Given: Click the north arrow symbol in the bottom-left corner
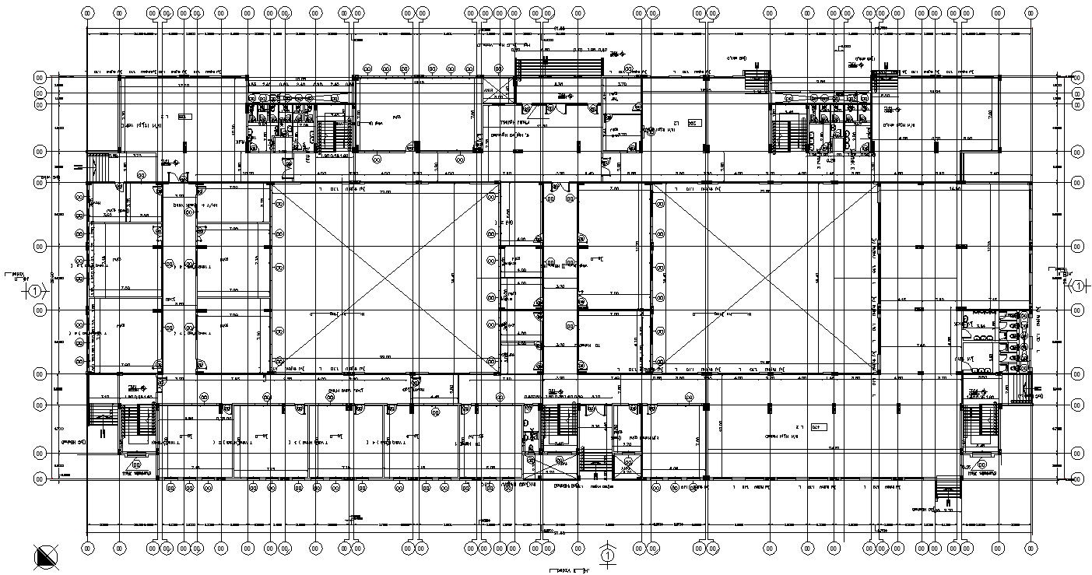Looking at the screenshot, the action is (x=47, y=556).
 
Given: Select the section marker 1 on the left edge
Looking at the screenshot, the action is (x=35, y=291).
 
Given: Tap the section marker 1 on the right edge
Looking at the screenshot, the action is (x=1078, y=286).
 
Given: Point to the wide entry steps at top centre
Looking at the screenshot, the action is (x=560, y=67).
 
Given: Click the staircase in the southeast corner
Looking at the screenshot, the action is (x=981, y=423).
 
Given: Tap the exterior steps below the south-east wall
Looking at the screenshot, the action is (x=946, y=488).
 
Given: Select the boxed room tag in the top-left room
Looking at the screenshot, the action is (x=184, y=117).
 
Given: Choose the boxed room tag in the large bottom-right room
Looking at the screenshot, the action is (x=816, y=427).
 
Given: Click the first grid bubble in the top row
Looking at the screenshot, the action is (x=87, y=12).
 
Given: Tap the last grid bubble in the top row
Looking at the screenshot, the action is (x=1032, y=12).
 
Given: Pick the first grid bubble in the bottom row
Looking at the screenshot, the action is (x=87, y=548).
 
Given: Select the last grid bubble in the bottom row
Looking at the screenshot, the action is (x=1032, y=548).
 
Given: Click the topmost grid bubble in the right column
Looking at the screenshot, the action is (x=1077, y=78).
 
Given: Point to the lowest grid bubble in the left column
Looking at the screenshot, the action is (x=40, y=479).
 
